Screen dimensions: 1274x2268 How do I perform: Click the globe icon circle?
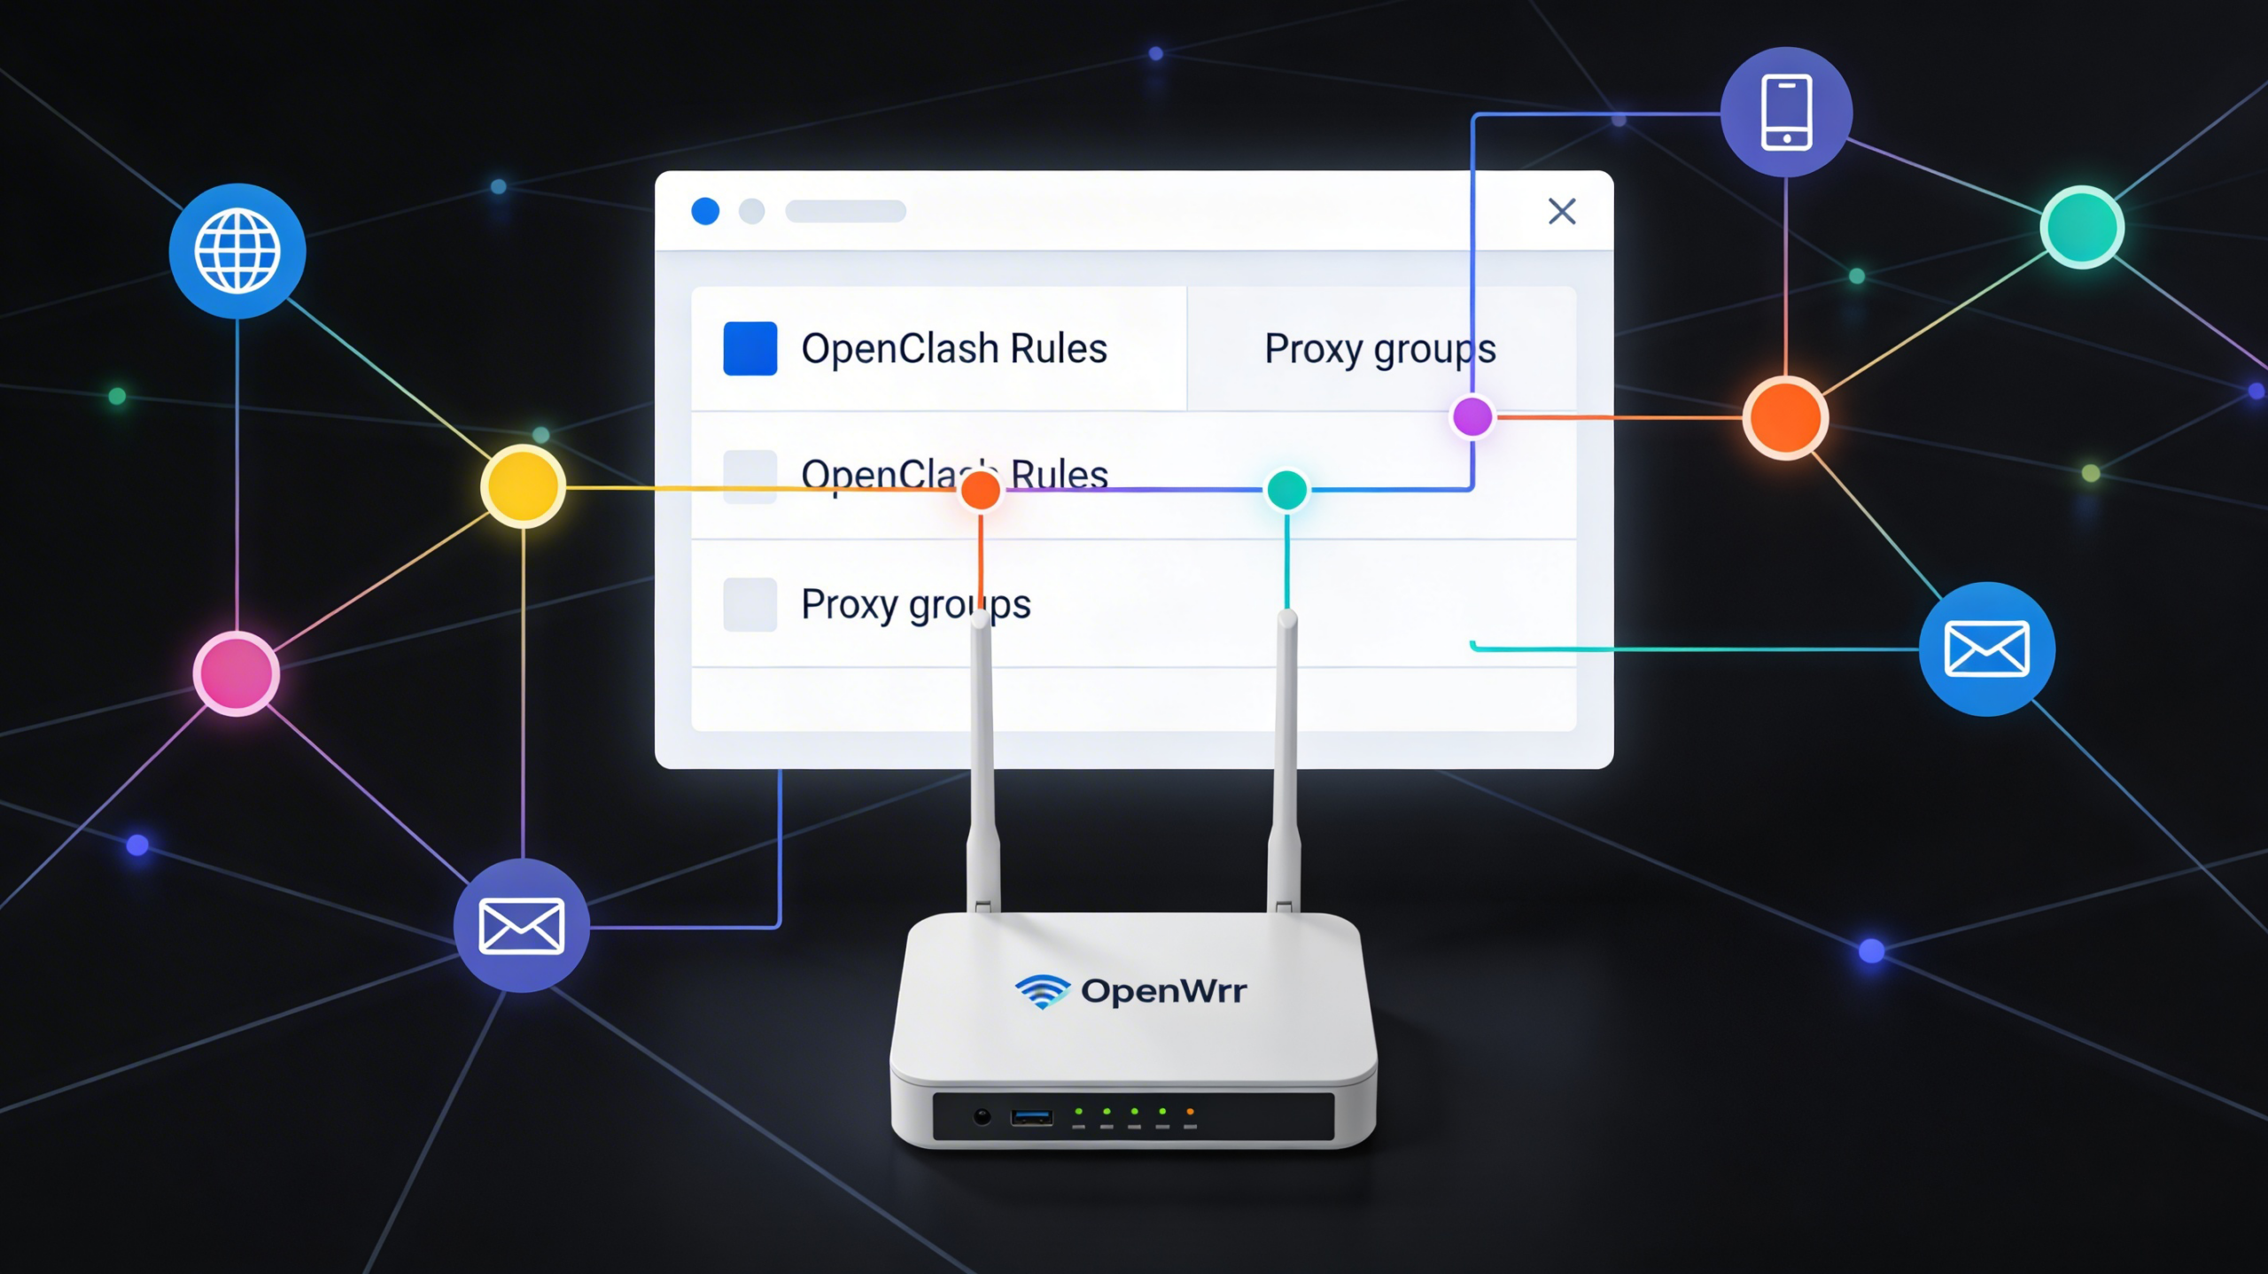click(x=237, y=251)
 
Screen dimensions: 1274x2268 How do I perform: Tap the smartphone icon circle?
click(x=1786, y=113)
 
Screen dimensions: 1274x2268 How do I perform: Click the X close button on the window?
click(x=1562, y=211)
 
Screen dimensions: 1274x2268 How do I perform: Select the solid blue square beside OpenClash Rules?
click(x=750, y=348)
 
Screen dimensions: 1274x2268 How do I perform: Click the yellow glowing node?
click(x=523, y=486)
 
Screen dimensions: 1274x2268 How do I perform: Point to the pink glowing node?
click(x=237, y=673)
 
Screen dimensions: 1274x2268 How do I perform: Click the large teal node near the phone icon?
click(x=2082, y=227)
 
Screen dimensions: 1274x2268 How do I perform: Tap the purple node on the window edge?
click(x=1472, y=416)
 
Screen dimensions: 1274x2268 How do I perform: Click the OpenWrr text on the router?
click(x=1163, y=990)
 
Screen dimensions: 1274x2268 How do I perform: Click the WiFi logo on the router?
click(x=1042, y=990)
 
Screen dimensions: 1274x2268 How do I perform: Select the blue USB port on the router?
click(x=1032, y=1117)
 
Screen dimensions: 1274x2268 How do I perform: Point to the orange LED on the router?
click(x=1190, y=1111)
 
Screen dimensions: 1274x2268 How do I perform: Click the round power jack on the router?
click(x=982, y=1116)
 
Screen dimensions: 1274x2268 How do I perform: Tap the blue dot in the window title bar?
click(x=705, y=211)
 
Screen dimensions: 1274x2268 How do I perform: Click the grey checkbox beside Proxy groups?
click(x=750, y=604)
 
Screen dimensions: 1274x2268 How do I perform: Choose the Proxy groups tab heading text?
click(x=1379, y=349)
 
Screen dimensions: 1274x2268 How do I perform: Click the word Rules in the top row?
click(x=1059, y=348)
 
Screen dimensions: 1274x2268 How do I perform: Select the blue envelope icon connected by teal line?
click(x=1986, y=649)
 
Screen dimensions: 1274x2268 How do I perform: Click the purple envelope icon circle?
click(x=521, y=926)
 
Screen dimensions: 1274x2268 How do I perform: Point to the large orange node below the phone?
click(x=1785, y=417)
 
